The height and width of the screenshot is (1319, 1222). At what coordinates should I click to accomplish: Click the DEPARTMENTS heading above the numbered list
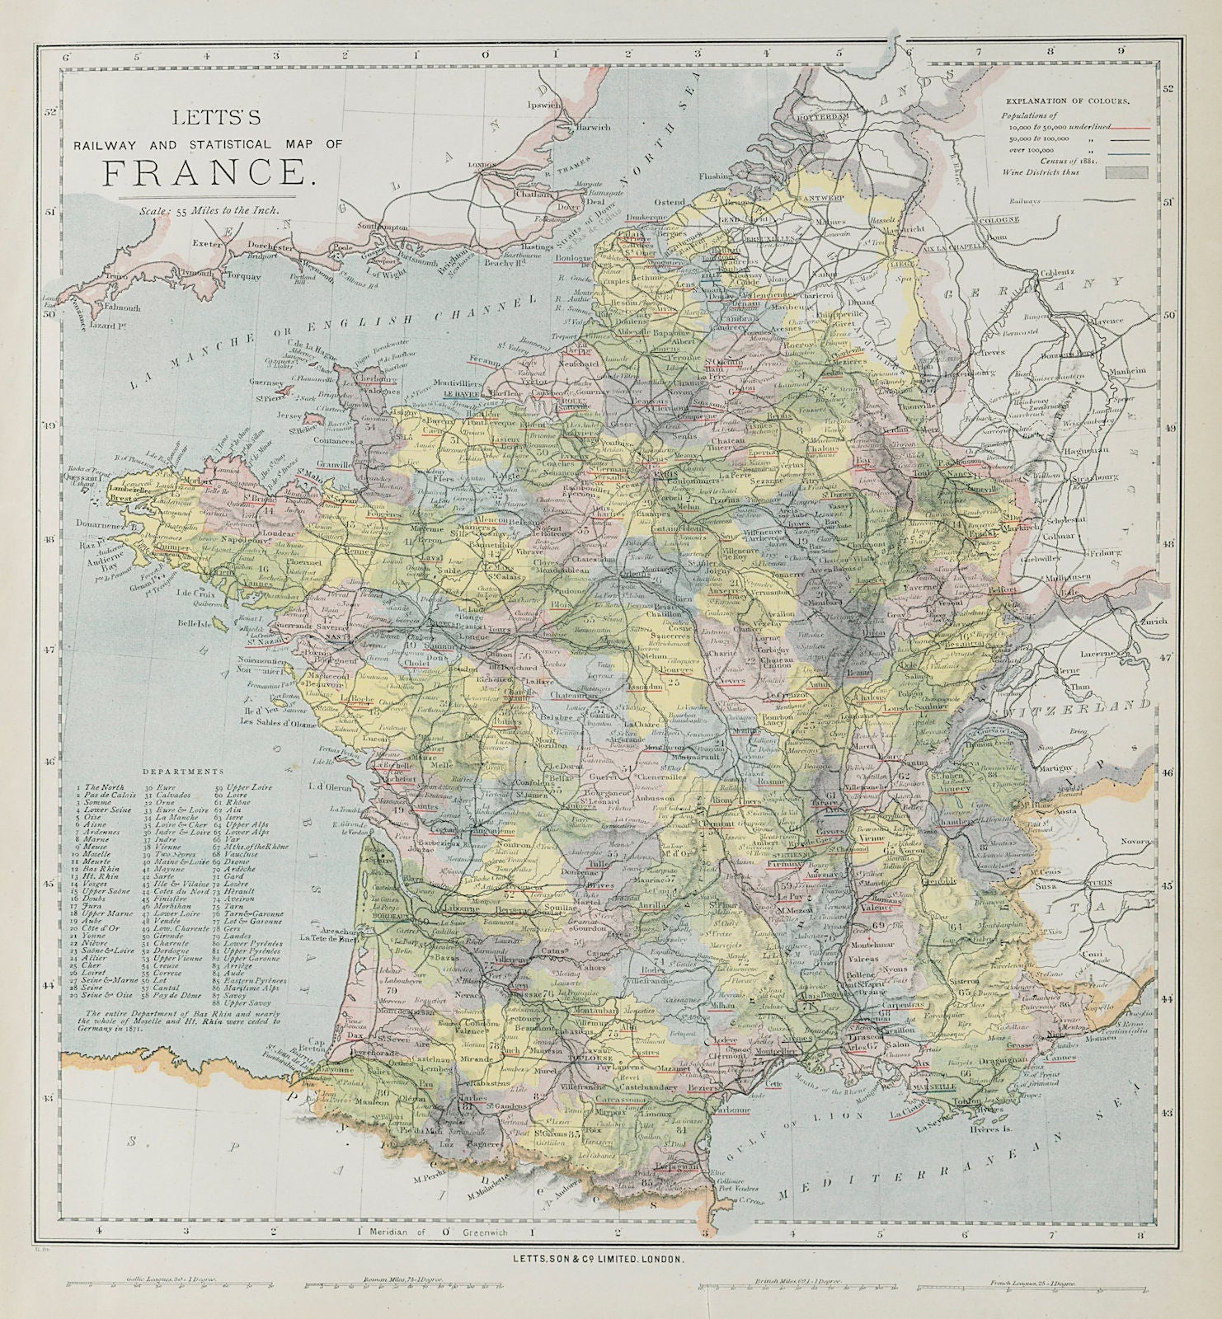click(x=182, y=772)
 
